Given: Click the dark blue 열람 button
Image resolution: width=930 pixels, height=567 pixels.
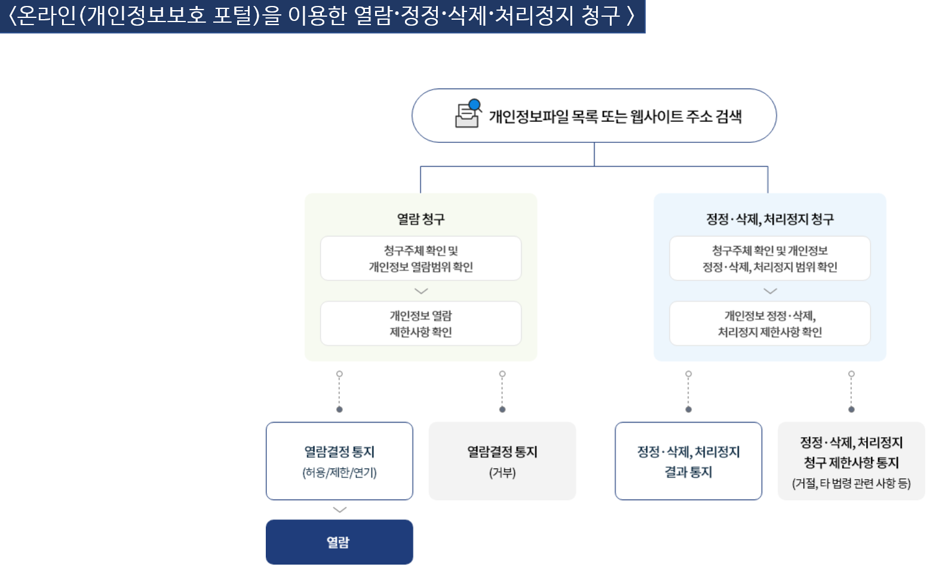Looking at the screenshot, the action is tap(339, 542).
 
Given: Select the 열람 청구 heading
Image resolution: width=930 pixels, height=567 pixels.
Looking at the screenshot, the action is tap(421, 219).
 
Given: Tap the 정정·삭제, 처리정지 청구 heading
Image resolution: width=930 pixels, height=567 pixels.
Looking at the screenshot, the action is tap(770, 219).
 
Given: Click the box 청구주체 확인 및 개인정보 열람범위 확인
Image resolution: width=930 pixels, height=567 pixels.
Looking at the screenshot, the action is tap(421, 258).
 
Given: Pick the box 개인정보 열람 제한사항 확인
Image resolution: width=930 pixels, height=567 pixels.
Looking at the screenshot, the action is tap(421, 324).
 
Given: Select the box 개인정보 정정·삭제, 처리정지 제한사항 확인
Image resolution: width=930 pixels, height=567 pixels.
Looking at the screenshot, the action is tap(770, 324).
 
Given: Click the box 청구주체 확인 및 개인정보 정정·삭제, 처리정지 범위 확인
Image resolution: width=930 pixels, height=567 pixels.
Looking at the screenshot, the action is tap(770, 258).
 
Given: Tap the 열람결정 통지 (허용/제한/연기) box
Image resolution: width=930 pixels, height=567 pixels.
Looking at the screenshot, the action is tap(339, 461).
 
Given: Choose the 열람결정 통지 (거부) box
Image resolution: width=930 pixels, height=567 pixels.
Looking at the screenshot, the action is tap(502, 461).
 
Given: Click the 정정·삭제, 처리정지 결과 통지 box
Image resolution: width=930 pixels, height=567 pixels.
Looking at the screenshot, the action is tap(688, 461).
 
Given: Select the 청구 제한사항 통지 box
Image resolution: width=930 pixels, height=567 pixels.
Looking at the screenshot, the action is tap(851, 461).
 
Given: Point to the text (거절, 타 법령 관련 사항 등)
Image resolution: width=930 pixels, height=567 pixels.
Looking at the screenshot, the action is tap(851, 483).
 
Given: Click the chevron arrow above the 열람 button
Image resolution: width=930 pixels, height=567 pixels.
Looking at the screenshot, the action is tap(340, 510).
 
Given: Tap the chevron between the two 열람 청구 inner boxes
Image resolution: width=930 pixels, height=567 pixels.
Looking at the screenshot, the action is tap(421, 291).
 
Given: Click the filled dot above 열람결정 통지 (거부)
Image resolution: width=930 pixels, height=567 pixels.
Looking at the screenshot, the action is tap(502, 410).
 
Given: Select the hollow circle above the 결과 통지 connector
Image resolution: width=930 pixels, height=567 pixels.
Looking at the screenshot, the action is tap(688, 374).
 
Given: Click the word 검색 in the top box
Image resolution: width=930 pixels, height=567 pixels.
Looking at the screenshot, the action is tap(728, 116).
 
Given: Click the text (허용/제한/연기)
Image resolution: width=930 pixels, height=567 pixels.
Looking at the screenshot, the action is tap(339, 473).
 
